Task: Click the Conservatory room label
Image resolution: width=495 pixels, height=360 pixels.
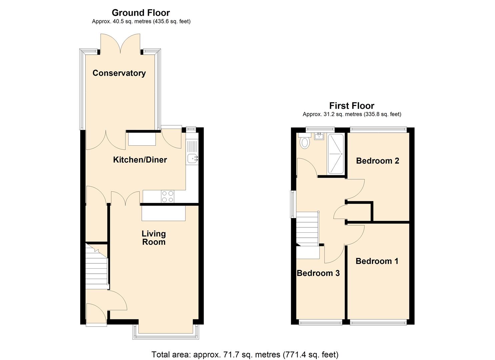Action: pos(119,73)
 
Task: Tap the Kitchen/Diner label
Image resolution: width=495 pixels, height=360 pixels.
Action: pos(140,160)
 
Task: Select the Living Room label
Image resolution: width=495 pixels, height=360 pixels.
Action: pos(154,238)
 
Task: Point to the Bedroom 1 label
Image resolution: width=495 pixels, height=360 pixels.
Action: pos(377,261)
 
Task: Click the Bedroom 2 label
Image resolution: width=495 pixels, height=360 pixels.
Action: pos(377,161)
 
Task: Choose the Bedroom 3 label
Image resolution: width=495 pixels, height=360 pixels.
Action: pos(318,273)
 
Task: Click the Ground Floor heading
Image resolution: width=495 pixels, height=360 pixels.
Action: pos(141,13)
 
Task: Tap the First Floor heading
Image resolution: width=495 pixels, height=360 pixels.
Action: pos(352,106)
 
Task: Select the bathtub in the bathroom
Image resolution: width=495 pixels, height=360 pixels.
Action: pos(336,154)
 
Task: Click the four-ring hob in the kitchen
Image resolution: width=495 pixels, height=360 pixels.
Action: pos(167,196)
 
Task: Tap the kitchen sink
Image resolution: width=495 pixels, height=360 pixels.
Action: pos(192,159)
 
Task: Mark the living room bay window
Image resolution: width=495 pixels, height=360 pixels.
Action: pos(166,335)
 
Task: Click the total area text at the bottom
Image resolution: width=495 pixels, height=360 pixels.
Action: pos(245,354)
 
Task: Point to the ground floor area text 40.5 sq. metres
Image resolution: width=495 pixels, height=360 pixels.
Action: pos(141,21)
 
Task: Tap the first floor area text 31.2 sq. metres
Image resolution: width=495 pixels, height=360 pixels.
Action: pos(352,114)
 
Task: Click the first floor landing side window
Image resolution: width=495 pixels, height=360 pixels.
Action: pos(292,204)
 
